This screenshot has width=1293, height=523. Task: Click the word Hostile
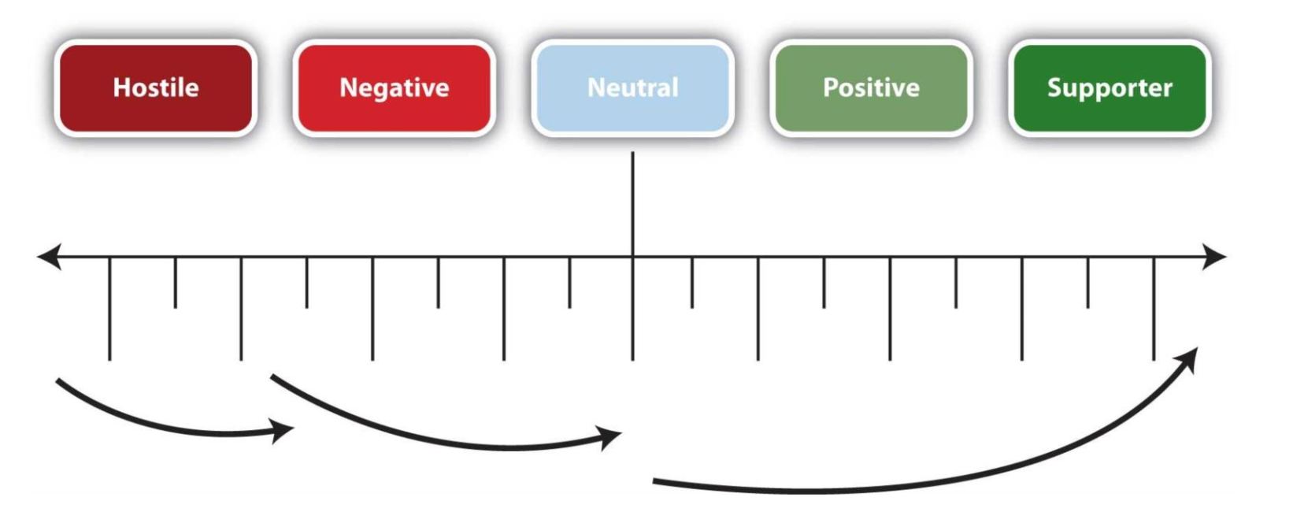point(156,87)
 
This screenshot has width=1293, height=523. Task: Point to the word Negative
point(394,87)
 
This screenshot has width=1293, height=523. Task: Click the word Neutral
point(632,87)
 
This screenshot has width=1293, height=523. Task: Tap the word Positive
point(871,87)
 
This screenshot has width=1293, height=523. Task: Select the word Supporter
point(1110,87)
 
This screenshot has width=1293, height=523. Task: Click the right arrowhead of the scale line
point(1216,257)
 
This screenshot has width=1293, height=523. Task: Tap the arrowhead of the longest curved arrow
point(1189,360)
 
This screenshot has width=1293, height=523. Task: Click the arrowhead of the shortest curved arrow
point(283,430)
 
